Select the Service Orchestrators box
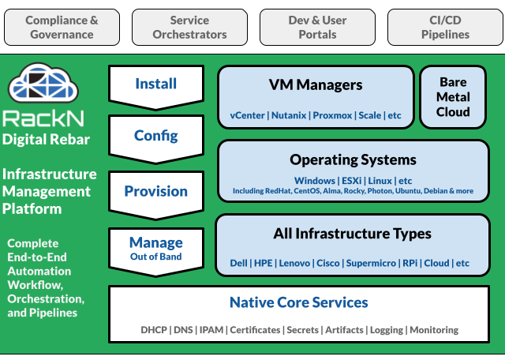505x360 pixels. tap(189, 27)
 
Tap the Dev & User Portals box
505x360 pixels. tap(318, 27)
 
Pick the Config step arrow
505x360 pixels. tap(156, 137)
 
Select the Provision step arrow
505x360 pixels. tap(156, 192)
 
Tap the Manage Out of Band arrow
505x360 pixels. tap(156, 247)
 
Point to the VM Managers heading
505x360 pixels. tap(316, 85)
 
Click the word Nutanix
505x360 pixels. tap(290, 115)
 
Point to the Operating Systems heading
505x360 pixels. tap(353, 159)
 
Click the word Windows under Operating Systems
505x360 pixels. tap(315, 181)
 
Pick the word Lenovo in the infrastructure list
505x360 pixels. tap(295, 263)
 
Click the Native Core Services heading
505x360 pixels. tap(298, 302)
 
